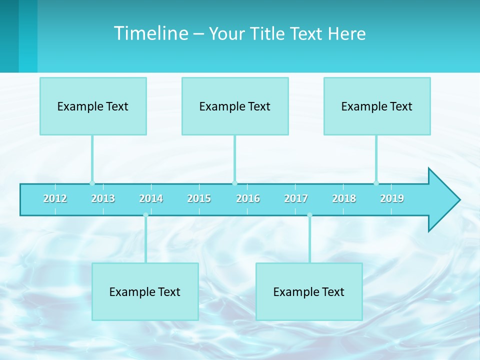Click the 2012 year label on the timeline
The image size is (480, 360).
55,198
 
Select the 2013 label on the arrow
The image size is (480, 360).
103,198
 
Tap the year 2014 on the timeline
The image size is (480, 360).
151,198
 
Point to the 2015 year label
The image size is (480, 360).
199,198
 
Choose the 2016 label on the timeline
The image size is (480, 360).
248,198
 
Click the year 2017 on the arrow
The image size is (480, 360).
296,198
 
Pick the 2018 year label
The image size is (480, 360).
344,198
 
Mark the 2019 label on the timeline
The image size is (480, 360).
392,198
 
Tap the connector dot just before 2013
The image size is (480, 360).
92,183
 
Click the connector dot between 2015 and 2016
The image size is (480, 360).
234,183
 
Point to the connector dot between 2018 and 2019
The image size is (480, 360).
376,183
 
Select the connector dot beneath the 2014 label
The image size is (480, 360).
145,215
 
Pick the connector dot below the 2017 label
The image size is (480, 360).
309,215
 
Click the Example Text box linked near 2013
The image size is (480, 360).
93,106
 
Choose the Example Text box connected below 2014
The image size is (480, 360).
145,291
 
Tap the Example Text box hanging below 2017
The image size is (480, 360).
309,291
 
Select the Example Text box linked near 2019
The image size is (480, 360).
377,106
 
